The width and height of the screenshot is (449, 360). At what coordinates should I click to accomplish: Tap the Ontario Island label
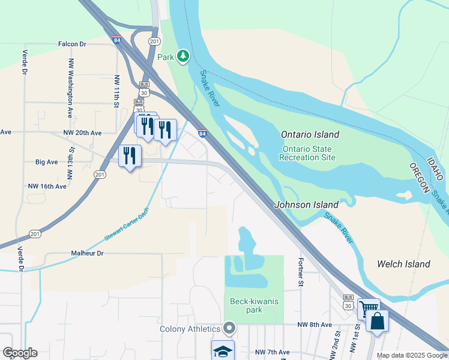pos(310,134)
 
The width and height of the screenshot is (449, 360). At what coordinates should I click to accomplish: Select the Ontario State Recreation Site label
pos(307,153)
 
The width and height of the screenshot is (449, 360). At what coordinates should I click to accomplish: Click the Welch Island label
pos(403,264)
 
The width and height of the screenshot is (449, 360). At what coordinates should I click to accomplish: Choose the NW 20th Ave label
pos(82,132)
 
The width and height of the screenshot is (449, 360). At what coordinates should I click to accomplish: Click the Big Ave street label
pos(47,162)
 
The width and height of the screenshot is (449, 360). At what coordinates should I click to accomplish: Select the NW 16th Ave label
pos(47,187)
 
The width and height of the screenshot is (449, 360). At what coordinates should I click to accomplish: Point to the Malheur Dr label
pos(87,254)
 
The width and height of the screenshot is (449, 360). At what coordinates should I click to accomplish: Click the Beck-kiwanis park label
pos(255,306)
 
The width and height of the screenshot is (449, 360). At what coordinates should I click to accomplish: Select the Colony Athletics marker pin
pos(228,328)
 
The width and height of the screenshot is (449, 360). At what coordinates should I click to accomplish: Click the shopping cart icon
pos(369,310)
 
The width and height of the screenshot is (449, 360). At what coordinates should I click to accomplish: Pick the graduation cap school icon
pos(222,351)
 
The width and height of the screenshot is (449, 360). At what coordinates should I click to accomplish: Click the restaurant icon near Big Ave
pos(130,156)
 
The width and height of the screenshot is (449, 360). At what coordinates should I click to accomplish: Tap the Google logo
pos(20,353)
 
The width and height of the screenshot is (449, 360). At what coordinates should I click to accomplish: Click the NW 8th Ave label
pos(315,325)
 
